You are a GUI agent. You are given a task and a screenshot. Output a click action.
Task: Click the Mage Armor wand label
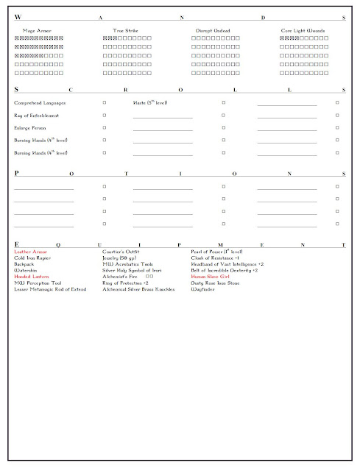click(x=38, y=31)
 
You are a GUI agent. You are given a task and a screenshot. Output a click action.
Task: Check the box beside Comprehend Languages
click(x=105, y=103)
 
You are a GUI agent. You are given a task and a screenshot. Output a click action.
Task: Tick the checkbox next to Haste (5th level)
click(x=224, y=103)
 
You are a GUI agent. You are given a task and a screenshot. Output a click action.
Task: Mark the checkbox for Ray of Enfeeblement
click(x=105, y=116)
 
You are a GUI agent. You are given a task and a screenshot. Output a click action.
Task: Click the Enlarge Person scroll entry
click(x=32, y=127)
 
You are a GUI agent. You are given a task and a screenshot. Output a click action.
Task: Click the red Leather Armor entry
click(x=31, y=252)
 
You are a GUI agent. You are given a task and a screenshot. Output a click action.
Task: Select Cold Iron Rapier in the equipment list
click(x=34, y=258)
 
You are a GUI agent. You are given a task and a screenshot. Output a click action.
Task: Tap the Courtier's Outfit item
click(x=121, y=252)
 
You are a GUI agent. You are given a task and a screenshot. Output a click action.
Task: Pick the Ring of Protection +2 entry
click(x=125, y=283)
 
